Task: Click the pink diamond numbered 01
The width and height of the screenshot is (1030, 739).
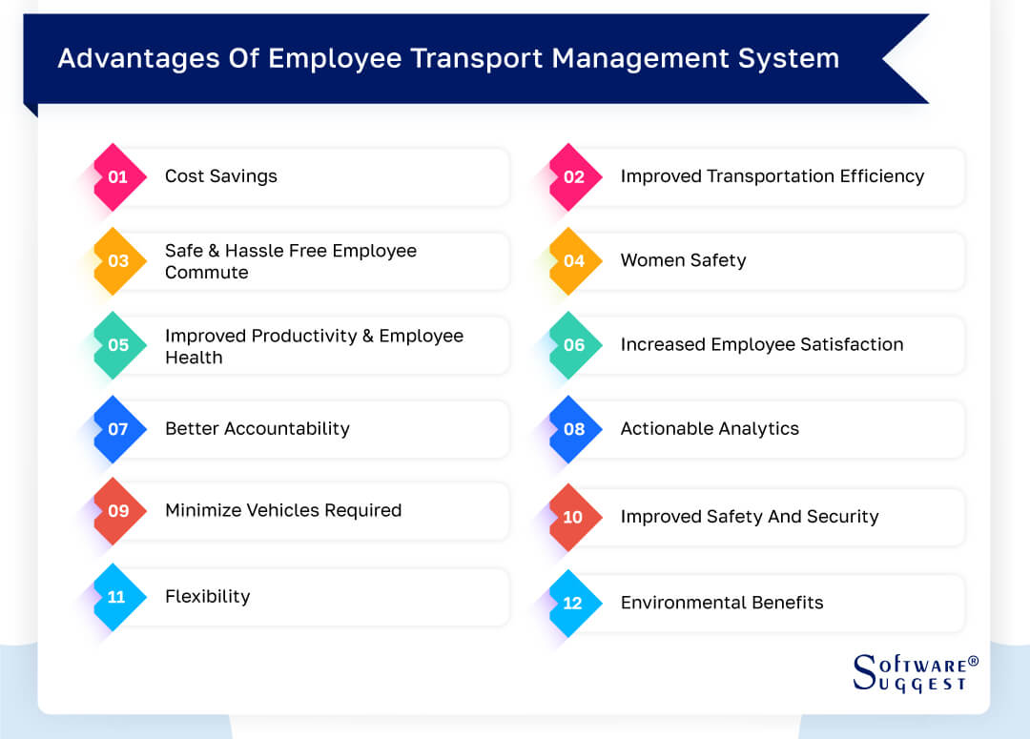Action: pos(118,176)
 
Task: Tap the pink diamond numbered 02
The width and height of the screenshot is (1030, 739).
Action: pos(574,176)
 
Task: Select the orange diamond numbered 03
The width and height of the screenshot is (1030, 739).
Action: pos(118,260)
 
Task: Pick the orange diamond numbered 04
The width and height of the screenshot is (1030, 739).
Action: pos(574,260)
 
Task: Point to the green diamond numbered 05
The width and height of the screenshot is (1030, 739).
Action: pos(118,345)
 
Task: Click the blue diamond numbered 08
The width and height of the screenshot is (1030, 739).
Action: pos(574,429)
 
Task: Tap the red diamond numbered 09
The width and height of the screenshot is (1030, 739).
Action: pos(118,511)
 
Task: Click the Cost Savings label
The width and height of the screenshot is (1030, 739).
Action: pos(221,176)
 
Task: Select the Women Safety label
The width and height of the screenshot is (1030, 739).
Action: pos(683,260)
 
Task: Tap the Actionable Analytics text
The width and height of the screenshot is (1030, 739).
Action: pos(710,429)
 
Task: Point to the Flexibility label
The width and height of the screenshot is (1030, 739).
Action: pos(207,597)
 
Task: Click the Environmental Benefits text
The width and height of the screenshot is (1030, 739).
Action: pos(722,603)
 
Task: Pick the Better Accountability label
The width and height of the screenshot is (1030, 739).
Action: pos(257,429)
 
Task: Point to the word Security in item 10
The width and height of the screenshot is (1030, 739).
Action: pos(841,517)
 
